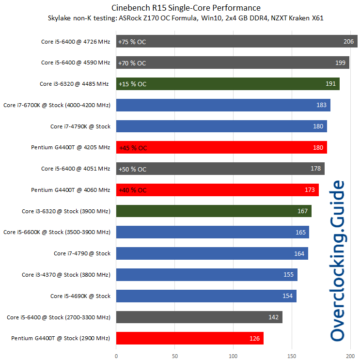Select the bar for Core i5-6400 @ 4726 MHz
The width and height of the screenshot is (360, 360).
point(233,42)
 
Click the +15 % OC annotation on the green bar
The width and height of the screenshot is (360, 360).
point(132,84)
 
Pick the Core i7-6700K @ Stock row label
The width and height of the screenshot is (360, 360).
point(57,105)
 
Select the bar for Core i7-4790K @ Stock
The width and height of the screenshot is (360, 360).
point(218,126)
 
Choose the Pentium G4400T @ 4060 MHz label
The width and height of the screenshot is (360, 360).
point(71,190)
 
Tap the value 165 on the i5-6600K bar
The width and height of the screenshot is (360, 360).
point(300,233)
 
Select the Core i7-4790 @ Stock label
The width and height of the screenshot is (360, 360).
point(82,253)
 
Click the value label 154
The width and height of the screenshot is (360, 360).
point(288,296)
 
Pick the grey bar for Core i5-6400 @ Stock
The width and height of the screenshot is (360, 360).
point(194,317)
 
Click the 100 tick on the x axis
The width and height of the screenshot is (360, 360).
point(234,356)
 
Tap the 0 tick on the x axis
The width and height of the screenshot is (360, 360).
point(116,356)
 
